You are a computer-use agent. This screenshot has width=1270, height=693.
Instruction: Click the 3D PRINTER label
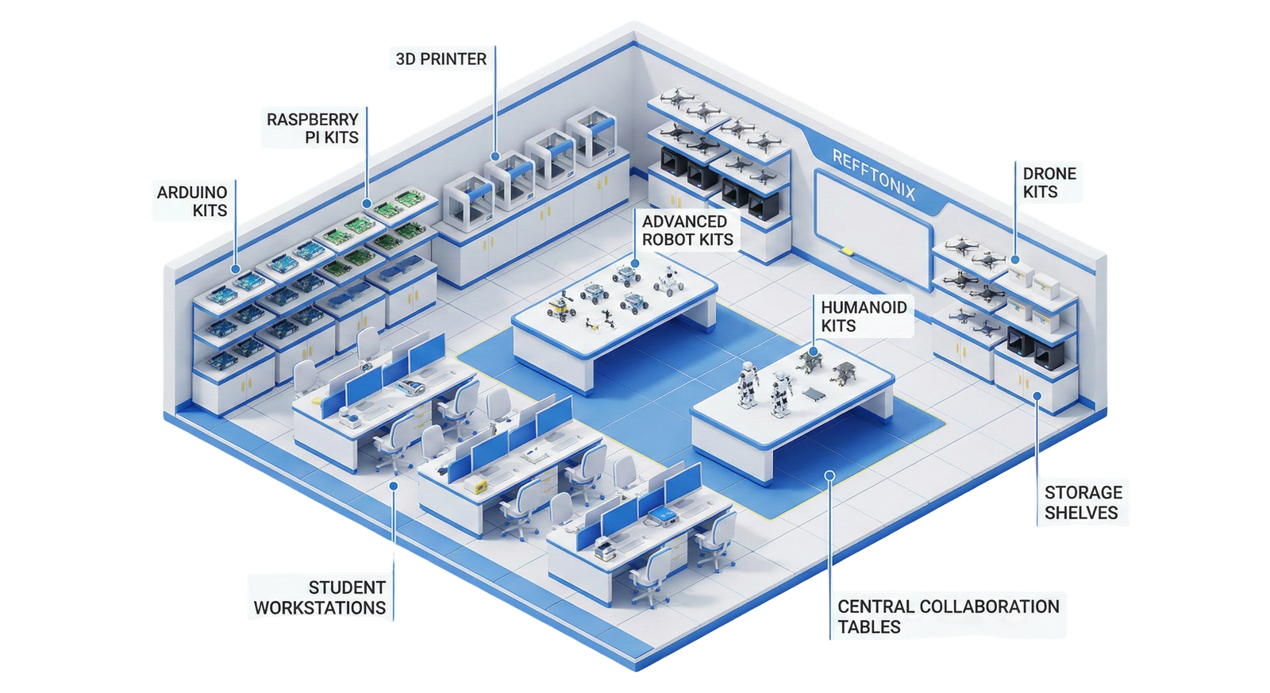pos(441,59)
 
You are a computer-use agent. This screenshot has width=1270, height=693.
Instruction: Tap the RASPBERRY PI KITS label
pos(312,128)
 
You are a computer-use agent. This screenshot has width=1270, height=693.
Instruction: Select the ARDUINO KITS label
pos(191,201)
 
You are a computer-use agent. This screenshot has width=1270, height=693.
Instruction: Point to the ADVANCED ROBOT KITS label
pos(687,230)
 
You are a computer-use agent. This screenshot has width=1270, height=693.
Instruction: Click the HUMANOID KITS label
pos(863,316)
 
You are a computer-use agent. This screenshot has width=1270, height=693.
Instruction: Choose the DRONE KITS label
pos(1049,183)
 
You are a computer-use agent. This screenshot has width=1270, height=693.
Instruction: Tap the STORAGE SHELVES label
pos(1083,502)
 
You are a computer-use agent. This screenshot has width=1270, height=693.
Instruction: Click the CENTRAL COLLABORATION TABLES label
pos(948,617)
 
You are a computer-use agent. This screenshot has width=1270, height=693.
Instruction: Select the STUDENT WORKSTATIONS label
pos(320,598)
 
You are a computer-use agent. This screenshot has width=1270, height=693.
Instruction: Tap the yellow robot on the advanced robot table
pos(562,305)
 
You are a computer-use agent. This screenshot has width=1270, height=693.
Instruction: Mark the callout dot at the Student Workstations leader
pos(393,485)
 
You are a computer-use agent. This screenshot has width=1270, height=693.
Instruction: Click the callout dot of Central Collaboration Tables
pos(829,476)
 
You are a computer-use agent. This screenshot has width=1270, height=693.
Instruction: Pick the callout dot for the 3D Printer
pos(495,157)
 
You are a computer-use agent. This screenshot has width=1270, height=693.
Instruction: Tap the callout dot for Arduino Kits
pos(235,270)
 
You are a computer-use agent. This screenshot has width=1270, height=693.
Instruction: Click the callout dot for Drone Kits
pos(1014,260)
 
